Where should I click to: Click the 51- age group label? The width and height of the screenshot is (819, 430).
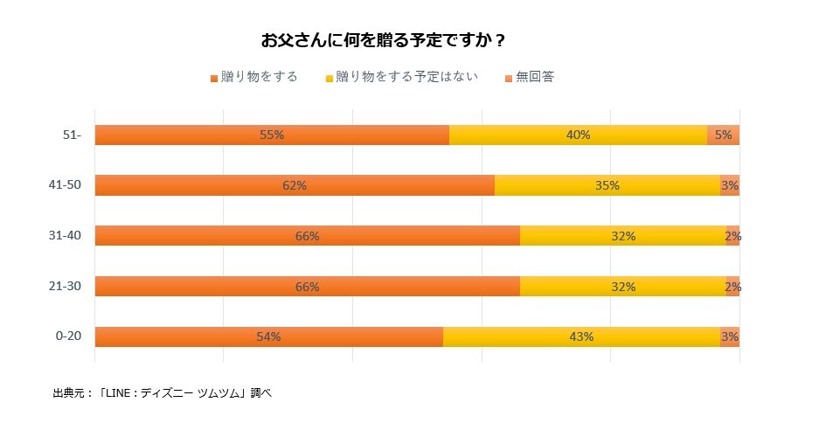tap(72, 135)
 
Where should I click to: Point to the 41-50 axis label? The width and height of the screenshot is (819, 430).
tap(66, 185)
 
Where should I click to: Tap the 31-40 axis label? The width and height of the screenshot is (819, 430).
tap(66, 236)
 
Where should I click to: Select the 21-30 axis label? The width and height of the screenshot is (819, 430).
tap(66, 286)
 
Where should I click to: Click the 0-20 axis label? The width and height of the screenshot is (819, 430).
tap(68, 336)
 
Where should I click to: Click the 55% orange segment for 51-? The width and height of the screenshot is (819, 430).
tap(272, 135)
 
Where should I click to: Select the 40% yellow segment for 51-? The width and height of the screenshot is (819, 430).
tap(578, 135)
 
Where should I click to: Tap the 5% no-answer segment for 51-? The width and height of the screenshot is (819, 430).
tap(723, 135)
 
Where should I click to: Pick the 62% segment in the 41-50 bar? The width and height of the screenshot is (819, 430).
tap(295, 185)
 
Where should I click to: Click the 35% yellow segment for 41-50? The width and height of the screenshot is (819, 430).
tap(607, 185)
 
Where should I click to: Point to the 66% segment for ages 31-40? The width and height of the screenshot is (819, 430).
tap(307, 236)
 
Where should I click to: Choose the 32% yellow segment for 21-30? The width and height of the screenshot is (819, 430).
tap(623, 286)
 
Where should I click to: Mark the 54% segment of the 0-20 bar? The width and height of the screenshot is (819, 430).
tap(268, 336)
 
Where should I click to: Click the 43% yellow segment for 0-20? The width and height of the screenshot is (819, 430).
tap(581, 336)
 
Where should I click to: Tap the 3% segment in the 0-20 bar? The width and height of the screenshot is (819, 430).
tap(730, 336)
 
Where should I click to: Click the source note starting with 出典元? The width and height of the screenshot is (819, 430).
tap(163, 393)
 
